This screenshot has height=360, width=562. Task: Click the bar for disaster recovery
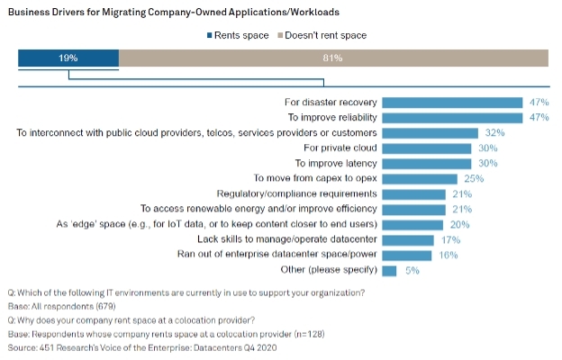[x=452, y=103]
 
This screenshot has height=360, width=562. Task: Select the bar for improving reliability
[x=452, y=118]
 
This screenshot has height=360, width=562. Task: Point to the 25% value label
[x=474, y=179]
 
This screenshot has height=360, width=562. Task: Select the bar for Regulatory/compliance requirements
[x=414, y=194]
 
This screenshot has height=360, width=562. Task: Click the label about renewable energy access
[x=258, y=210]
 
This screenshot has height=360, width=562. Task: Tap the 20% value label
[x=458, y=225]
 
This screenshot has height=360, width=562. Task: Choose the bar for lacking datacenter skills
[x=408, y=240]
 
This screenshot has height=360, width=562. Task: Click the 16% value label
[x=447, y=256]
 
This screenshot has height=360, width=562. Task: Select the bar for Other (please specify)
[x=390, y=271]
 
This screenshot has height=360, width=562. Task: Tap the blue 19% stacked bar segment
[x=68, y=58]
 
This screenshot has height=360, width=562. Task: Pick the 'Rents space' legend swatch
[x=209, y=35]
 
